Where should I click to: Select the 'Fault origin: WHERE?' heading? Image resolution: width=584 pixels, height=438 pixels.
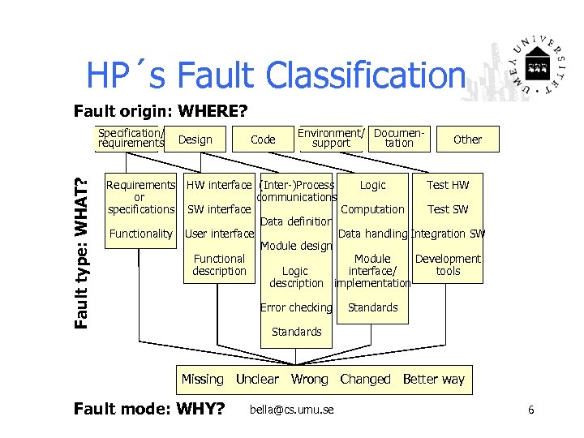161,109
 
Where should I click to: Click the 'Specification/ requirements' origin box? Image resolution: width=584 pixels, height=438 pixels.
131,139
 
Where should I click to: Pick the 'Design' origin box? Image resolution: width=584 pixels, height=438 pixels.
195,140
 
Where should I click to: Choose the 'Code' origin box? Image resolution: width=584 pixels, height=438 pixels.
263,140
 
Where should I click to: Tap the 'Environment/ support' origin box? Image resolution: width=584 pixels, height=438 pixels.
331,138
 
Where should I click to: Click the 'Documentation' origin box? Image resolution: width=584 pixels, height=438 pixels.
399,138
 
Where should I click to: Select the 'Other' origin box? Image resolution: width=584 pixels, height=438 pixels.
467,140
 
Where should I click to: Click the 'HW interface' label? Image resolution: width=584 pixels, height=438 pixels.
218,185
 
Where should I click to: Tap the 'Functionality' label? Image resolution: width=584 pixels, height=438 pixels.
140,234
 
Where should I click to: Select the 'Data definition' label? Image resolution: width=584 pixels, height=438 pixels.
296,221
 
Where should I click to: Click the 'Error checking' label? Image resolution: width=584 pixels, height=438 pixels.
296,307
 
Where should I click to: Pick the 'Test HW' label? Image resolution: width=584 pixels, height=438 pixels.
448,185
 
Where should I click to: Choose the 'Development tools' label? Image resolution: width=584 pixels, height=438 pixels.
448,265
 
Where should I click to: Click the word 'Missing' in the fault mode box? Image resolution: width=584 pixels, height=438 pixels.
202,379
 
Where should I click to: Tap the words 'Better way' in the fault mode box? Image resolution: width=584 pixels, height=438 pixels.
433,379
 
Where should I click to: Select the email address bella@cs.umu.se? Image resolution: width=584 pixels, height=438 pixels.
292,410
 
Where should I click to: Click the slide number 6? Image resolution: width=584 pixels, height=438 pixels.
530,410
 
